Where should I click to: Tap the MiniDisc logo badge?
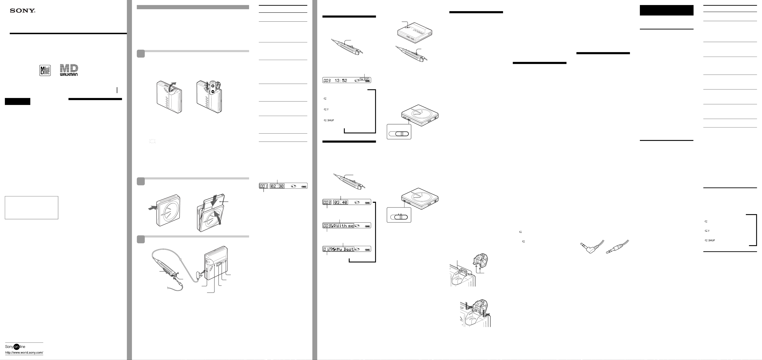pyautogui.click(x=45, y=70)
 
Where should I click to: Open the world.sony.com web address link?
pyautogui.click(x=24, y=353)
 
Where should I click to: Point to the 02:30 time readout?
pyautogui.click(x=277, y=186)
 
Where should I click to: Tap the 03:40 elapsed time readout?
pyautogui.click(x=341, y=202)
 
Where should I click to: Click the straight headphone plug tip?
pyautogui.click(x=608, y=252)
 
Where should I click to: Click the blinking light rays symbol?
pyautogui.click(x=152, y=141)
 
